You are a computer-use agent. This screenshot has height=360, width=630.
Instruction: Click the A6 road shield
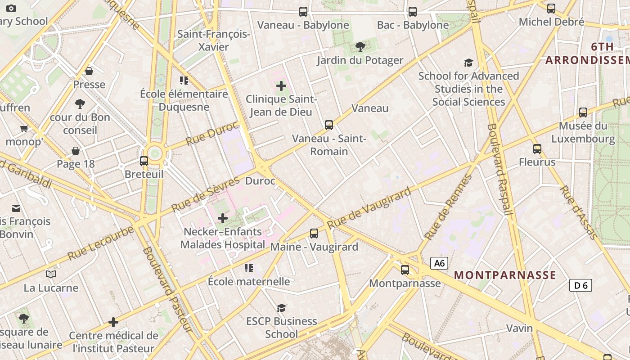(x=439, y=263)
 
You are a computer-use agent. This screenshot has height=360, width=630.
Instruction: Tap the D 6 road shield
(x=580, y=285)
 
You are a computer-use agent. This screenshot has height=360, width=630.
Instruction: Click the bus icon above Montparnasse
(x=405, y=270)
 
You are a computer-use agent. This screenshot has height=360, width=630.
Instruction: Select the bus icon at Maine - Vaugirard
(x=314, y=234)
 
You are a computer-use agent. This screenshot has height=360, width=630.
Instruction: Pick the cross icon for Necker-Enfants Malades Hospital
(x=223, y=219)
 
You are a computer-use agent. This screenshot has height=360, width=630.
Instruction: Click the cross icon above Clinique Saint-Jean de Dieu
(x=281, y=85)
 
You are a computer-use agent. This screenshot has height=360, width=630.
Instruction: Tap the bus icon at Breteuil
(x=144, y=161)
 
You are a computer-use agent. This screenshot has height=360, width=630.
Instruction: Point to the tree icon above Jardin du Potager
(x=360, y=46)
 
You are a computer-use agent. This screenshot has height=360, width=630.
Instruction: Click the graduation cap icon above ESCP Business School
(x=282, y=308)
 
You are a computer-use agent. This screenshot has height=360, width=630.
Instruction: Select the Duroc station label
(x=260, y=181)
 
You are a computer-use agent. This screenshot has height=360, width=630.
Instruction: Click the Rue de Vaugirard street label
(x=369, y=208)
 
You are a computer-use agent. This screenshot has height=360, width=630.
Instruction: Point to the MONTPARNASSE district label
(x=505, y=275)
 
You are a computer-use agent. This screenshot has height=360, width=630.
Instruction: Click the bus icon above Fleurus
(x=537, y=149)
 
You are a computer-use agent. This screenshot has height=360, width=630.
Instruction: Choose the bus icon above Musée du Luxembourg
(x=583, y=112)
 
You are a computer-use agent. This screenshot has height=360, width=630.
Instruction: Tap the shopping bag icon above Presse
(x=89, y=71)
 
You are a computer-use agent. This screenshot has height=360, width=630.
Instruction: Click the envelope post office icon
(x=16, y=208)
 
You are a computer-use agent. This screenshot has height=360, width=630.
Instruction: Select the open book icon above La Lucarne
(x=51, y=274)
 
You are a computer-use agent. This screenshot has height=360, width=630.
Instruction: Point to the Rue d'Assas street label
(x=578, y=212)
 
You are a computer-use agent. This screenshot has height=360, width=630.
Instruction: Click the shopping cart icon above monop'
(x=24, y=129)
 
